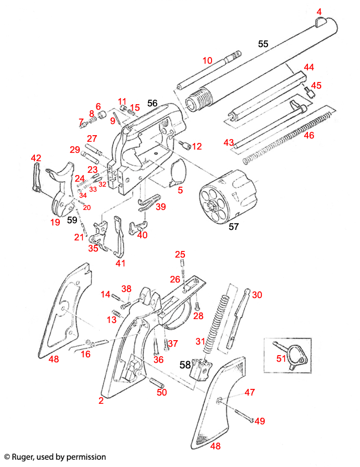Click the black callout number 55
pos(263,43)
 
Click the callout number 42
pos(36,158)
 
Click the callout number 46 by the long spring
pos(309,135)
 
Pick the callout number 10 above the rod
pos(207,60)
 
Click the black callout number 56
pos(153,103)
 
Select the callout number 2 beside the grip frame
pos(101,401)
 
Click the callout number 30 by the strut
pos(256,295)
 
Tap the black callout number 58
pos(184,365)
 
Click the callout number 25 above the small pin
pos(180,254)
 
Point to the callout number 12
pos(197,146)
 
